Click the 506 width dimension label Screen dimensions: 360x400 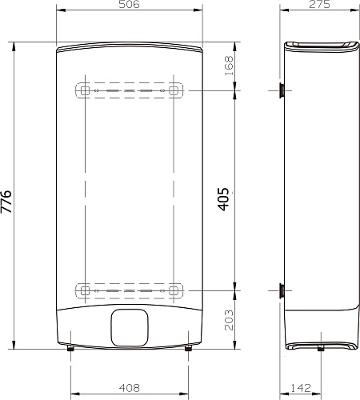click(x=129, y=4)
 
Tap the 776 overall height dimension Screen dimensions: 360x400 click(x=6, y=202)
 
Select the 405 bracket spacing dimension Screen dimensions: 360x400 click(x=223, y=199)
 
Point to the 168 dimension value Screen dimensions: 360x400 click(x=229, y=66)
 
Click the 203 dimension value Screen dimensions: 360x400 click(x=229, y=320)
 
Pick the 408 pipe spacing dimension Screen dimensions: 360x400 click(x=130, y=388)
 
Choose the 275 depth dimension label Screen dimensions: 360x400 click(x=319, y=4)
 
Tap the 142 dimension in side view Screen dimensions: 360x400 click(x=301, y=388)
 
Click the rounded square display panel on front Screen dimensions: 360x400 click(x=130, y=328)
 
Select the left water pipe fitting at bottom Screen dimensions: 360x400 click(x=70, y=348)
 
